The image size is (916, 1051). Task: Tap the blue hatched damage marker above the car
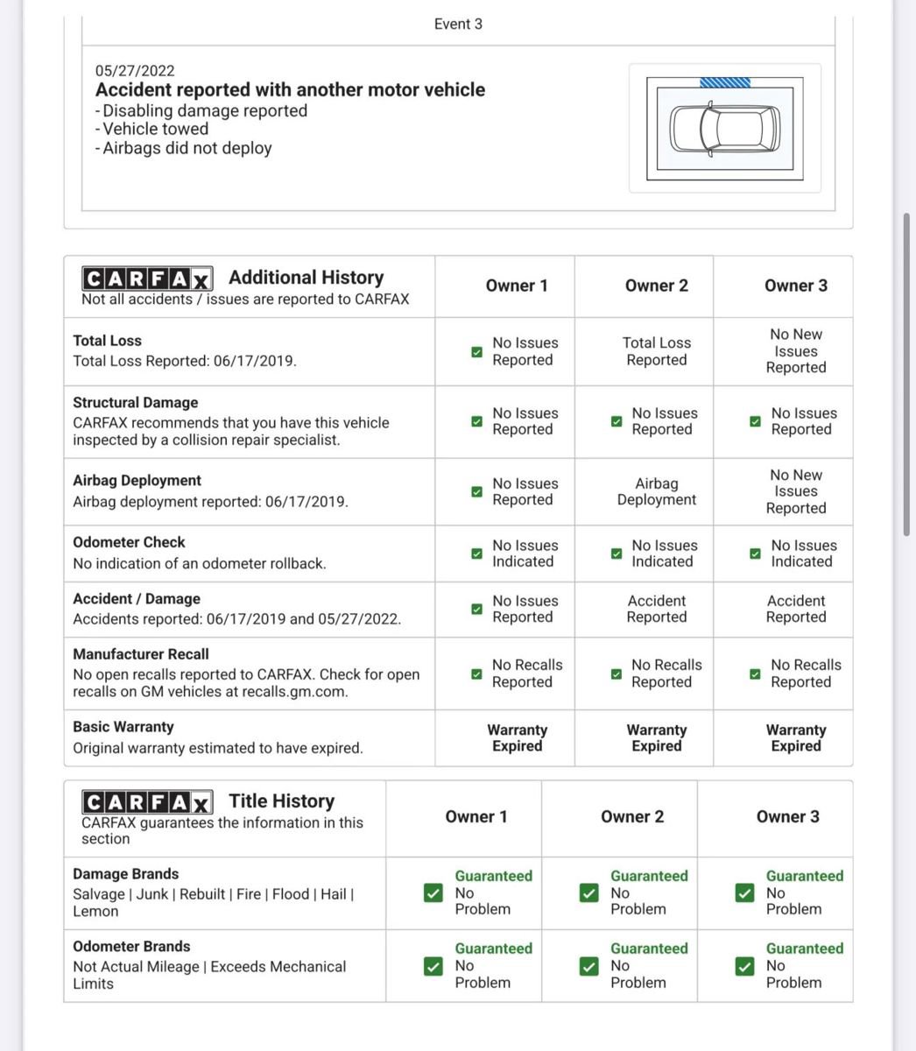[725, 82]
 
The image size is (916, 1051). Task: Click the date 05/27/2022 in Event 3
[135, 70]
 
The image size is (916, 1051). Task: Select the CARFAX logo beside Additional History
[147, 279]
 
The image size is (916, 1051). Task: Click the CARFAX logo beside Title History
[147, 802]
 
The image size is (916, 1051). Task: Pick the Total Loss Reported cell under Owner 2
[657, 351]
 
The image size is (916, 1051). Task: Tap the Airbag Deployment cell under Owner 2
[657, 491]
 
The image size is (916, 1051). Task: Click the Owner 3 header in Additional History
[795, 286]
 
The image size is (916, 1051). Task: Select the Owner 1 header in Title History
[476, 816]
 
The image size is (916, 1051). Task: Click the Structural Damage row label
[136, 403]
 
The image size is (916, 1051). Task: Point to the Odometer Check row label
[129, 542]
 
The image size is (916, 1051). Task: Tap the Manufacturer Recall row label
[141, 654]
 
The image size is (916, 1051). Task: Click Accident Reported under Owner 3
[796, 609]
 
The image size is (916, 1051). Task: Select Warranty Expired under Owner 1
[517, 737]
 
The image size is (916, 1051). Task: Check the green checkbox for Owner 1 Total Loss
[476, 352]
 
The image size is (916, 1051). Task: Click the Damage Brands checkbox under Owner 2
[588, 893]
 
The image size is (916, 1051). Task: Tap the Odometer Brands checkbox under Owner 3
[744, 966]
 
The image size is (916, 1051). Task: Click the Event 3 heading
[458, 24]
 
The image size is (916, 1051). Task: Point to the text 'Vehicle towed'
[155, 129]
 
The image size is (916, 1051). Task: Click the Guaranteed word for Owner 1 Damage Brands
[493, 876]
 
